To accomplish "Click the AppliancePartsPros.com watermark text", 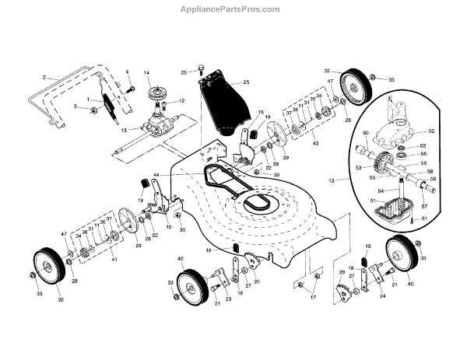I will point(233,9).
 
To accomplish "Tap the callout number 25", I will point(245,82).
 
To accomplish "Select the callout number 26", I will point(184,72).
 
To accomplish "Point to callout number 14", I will point(146,73).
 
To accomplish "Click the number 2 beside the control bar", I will point(45,77).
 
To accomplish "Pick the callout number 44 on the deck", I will point(156,175).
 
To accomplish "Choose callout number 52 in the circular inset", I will point(430,131).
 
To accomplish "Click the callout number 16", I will point(262,112).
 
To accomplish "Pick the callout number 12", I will point(181,101).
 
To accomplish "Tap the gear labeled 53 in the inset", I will point(383,164).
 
